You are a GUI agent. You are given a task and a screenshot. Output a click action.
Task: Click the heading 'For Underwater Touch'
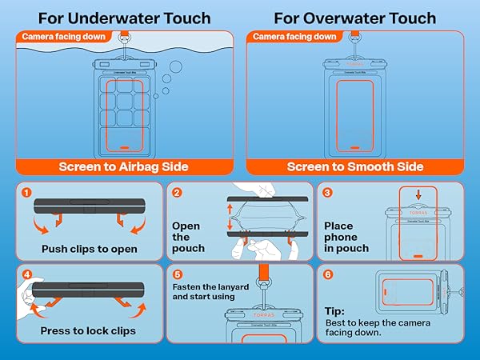pyautogui.click(x=125, y=18)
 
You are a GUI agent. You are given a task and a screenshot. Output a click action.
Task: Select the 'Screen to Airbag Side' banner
pyautogui.click(x=123, y=166)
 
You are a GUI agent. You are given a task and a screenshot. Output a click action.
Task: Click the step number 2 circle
pyautogui.click(x=178, y=193)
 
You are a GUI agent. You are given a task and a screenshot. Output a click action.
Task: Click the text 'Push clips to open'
pyautogui.click(x=90, y=249)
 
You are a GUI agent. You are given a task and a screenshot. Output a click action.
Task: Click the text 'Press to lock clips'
pyautogui.click(x=88, y=330)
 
